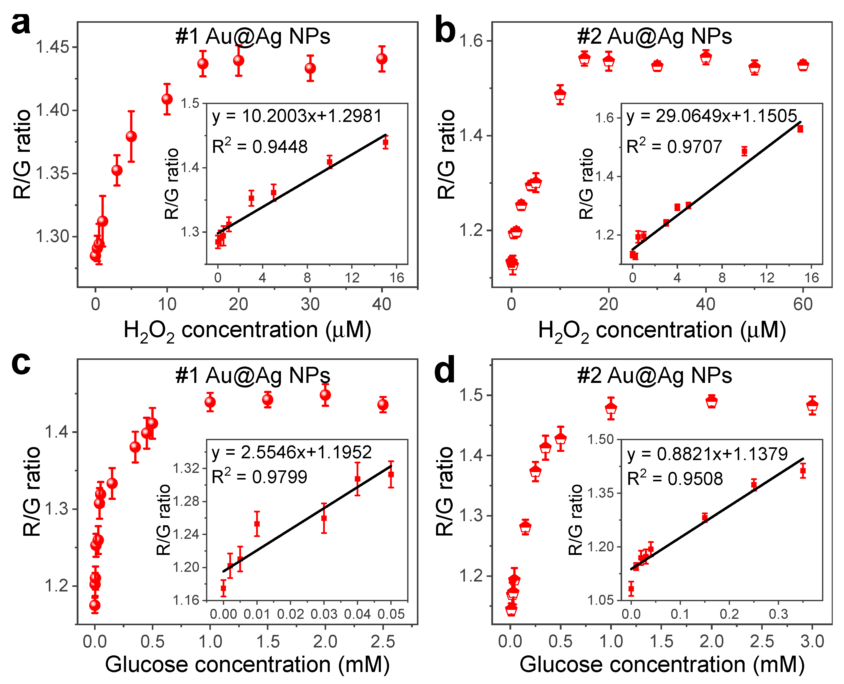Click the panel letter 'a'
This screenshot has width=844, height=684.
[x=20, y=25]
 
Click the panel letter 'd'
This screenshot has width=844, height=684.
[x=444, y=370]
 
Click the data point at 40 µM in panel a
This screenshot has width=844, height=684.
[x=381, y=59]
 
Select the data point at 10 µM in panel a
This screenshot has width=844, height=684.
[x=167, y=99]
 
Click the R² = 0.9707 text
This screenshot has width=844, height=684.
[x=674, y=146]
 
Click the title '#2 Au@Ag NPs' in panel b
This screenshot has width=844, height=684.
[x=654, y=37]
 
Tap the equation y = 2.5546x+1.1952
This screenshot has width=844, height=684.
[x=292, y=452]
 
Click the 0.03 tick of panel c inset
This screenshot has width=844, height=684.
[x=324, y=614]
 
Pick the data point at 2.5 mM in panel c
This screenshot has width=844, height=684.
[x=383, y=405]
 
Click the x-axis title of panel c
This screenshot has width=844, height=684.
[x=247, y=665]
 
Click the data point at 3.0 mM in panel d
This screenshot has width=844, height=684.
[x=812, y=405]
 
